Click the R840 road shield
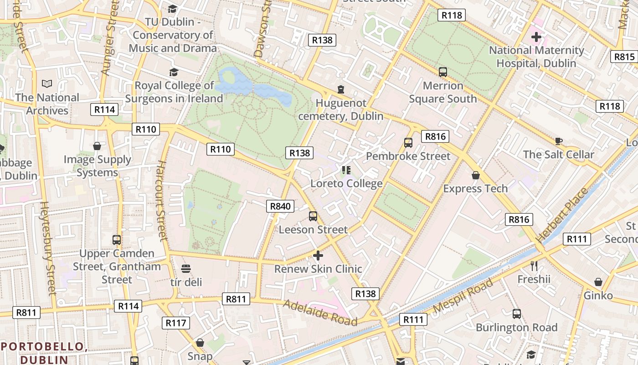coord(280,206)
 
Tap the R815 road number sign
coord(624,57)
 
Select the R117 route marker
coord(175,323)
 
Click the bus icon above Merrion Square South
coord(443,72)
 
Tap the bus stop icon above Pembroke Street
coord(408,142)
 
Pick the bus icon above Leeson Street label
coord(313,216)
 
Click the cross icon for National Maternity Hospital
coord(536,36)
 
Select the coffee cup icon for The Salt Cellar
coord(559,141)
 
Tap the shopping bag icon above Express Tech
coord(476,175)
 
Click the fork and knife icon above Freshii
coord(534,266)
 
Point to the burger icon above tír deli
coord(186,268)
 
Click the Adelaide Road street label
coord(320,313)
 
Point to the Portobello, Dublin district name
coord(44,353)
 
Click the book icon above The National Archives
coord(47,83)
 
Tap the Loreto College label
coord(346,183)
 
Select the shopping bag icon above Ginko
coord(598,282)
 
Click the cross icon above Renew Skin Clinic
coord(318,255)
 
